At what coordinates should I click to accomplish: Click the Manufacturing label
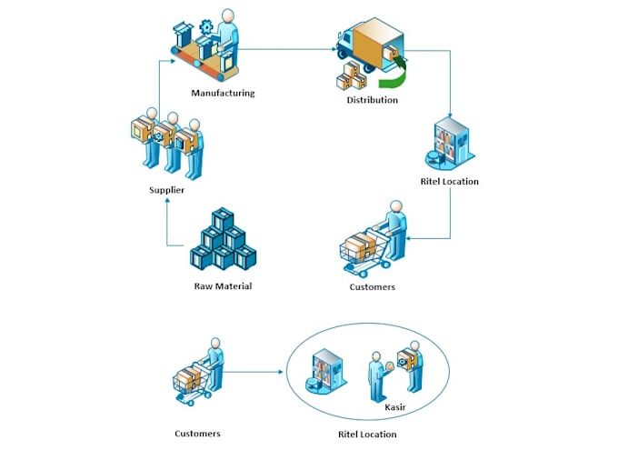coord(223,93)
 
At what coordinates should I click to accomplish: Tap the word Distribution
coord(372,100)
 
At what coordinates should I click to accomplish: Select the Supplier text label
coord(167,190)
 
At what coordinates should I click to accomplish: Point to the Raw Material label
coord(223,286)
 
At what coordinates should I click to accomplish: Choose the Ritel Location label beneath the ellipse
coord(367,435)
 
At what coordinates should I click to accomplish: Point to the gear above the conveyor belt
coord(205,26)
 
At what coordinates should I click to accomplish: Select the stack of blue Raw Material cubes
coord(223,241)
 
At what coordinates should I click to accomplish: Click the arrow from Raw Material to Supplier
coord(168,227)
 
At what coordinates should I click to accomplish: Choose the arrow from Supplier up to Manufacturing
coord(160,86)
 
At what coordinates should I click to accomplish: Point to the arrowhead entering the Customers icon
coord(411,239)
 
